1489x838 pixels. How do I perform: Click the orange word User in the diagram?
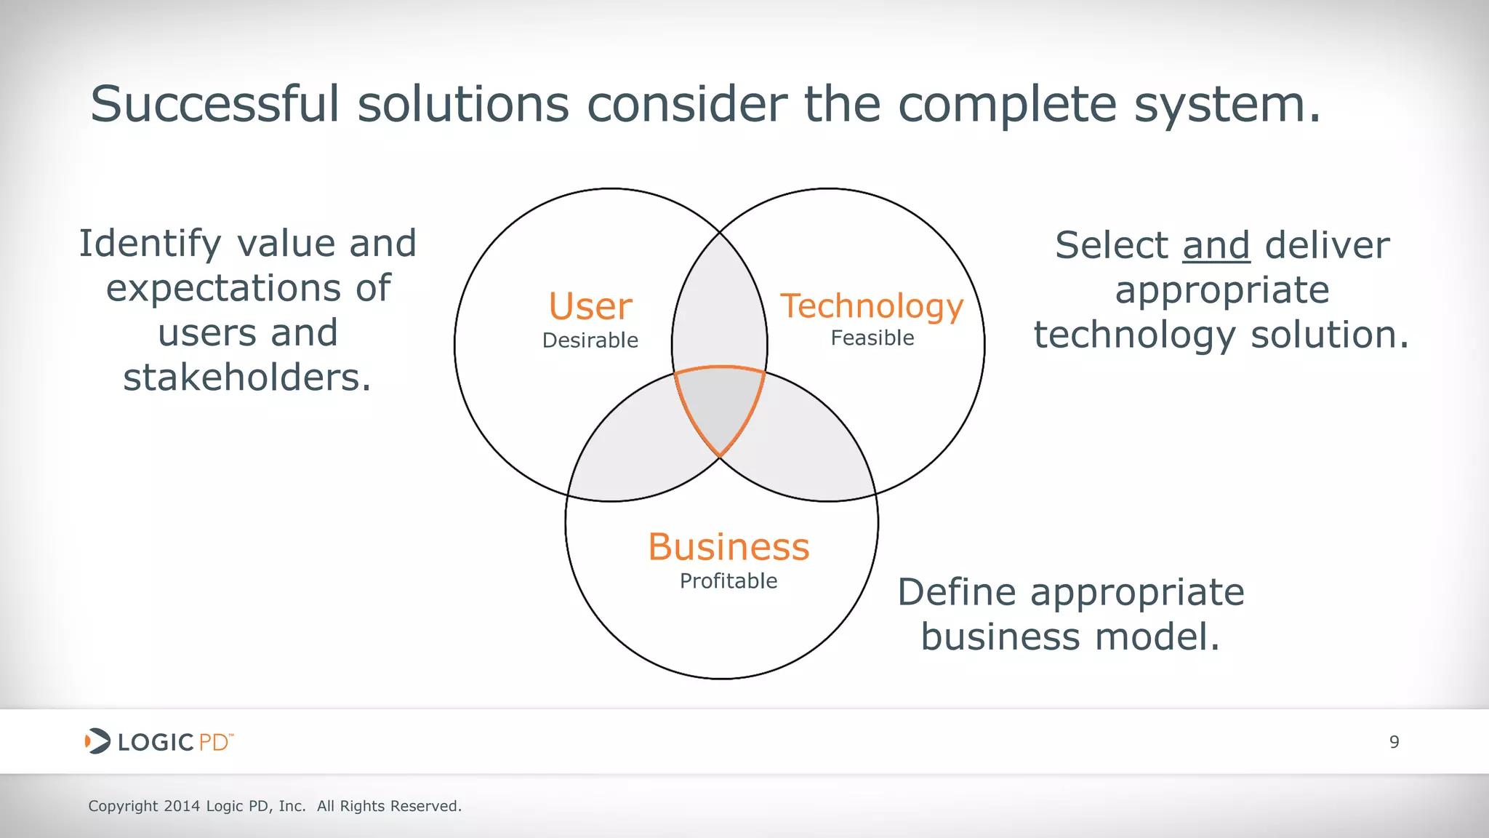pos(590,306)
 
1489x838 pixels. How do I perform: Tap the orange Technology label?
pos(872,307)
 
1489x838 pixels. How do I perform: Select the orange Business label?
pos(729,547)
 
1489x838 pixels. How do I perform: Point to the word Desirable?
pos(590,340)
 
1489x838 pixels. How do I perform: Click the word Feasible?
pos(872,338)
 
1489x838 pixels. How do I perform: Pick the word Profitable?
pos(729,581)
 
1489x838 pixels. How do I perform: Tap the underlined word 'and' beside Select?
pos(1216,245)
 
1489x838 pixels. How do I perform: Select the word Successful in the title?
pos(215,104)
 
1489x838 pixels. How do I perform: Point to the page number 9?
pos(1394,742)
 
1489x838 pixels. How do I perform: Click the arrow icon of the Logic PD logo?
pos(97,741)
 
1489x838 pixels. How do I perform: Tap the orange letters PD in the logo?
pos(214,743)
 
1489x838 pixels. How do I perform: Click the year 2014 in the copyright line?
pos(182,806)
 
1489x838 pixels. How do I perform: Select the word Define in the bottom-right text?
pos(956,592)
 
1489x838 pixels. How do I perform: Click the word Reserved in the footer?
pos(425,806)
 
